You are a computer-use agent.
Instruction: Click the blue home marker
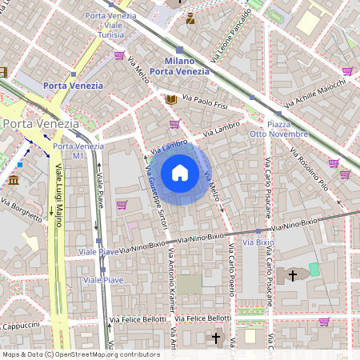pos(180,173)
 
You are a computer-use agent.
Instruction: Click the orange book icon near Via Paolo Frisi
pos(170,100)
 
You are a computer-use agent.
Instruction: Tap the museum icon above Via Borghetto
pos(14,180)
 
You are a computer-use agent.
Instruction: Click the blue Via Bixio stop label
pos(258,242)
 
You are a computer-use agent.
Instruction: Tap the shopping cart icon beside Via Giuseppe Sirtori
pos(122,205)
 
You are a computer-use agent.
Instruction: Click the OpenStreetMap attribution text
pos(81,354)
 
